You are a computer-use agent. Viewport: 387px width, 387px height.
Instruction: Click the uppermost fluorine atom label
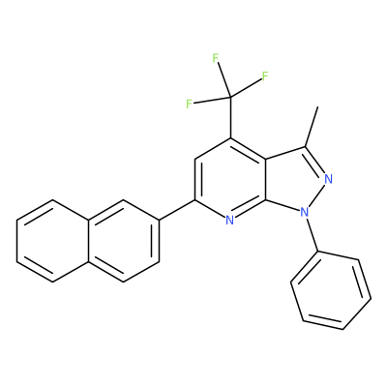[x=216, y=58]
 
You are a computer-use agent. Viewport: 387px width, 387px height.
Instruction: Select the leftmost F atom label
[x=190, y=104]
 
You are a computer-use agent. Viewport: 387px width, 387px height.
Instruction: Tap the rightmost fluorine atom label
[x=265, y=76]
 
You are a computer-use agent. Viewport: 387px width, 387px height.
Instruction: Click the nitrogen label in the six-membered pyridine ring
[x=229, y=221]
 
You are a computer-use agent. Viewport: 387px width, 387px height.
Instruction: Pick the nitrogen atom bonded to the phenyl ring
[x=304, y=212]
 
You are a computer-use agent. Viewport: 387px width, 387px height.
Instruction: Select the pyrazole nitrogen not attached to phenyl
[x=328, y=178]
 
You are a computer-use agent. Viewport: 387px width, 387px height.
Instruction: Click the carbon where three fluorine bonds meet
[x=230, y=97]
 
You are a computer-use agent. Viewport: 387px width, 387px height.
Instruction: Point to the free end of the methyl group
[x=318, y=106]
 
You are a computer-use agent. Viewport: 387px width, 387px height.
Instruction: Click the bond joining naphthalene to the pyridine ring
[x=177, y=210]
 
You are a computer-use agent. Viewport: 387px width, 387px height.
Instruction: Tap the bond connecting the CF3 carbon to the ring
[x=230, y=117]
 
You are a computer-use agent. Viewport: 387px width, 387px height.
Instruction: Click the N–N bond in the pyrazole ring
[x=316, y=195]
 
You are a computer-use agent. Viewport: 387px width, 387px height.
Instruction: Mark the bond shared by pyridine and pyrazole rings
[x=266, y=179]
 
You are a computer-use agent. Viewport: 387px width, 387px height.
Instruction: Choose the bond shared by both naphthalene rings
[x=88, y=241]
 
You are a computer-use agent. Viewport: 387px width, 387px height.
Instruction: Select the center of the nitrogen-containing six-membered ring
[x=230, y=179]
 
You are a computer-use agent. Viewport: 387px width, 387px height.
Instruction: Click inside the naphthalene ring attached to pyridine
[x=124, y=241]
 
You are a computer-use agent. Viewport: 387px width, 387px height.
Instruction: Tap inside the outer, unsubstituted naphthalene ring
[x=52, y=241]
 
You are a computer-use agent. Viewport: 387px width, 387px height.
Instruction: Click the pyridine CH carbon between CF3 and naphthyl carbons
[x=194, y=159]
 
